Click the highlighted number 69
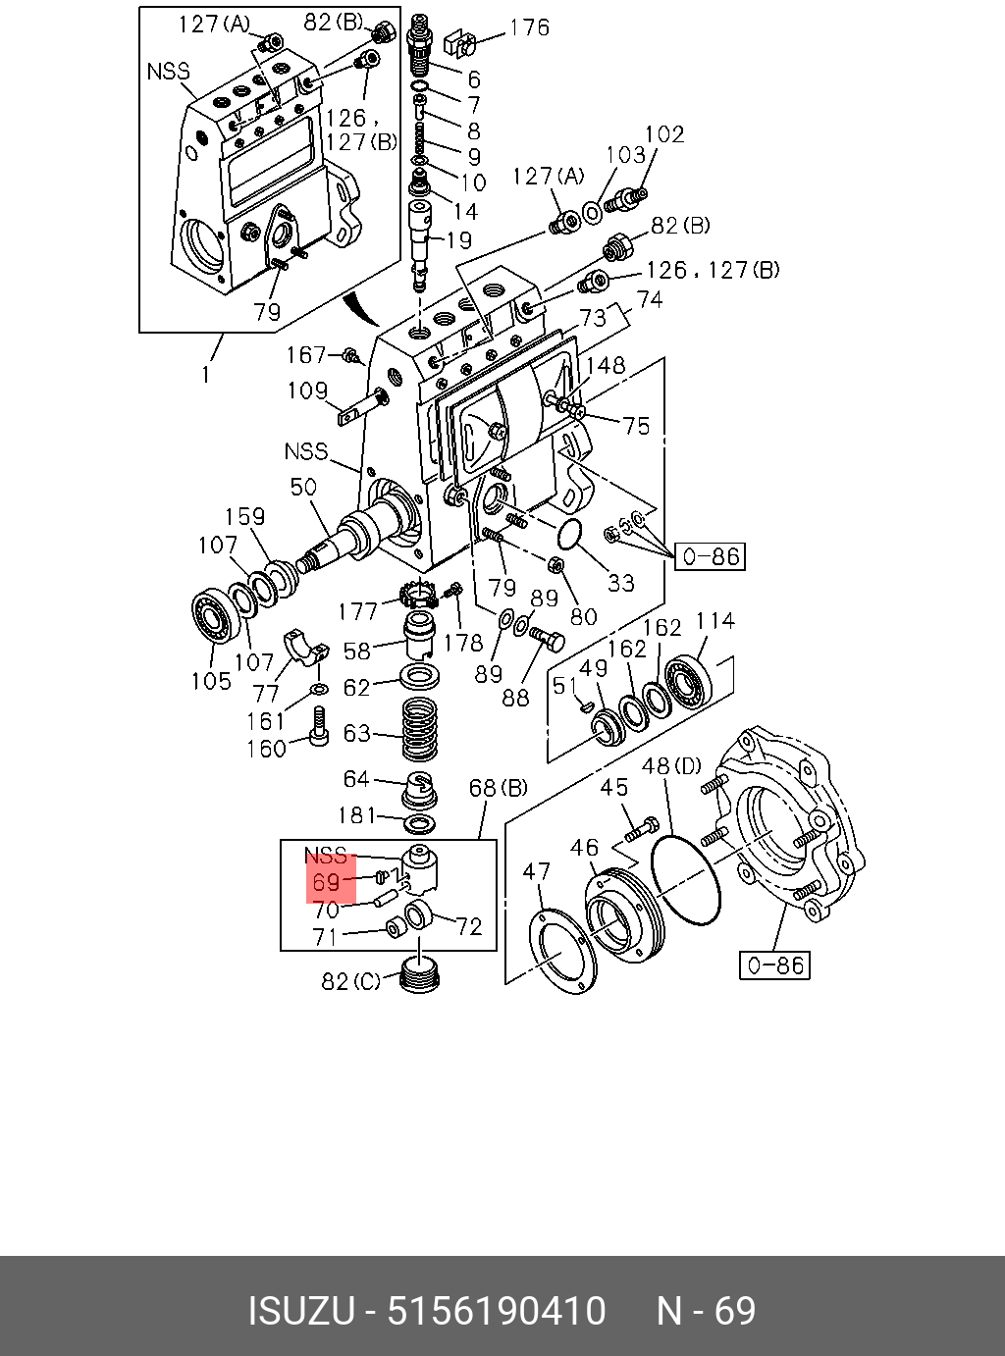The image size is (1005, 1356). point(328,882)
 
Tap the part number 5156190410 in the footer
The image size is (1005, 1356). point(497,1311)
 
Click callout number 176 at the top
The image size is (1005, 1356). point(529,28)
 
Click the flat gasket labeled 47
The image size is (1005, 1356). point(562,950)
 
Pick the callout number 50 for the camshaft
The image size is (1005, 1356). point(302,487)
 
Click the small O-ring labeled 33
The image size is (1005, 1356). point(566,536)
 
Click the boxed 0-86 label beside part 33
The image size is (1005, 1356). point(710,557)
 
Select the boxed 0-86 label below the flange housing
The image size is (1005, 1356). point(775,965)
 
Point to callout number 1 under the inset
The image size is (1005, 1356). point(206,374)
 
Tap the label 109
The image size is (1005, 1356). point(307,391)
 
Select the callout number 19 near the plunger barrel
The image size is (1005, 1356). point(457,239)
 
